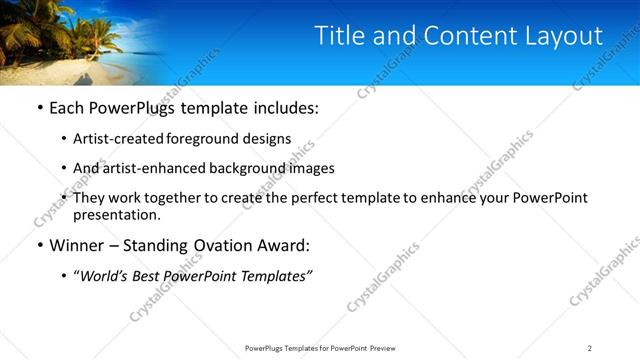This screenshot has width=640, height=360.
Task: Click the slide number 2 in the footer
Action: (590, 347)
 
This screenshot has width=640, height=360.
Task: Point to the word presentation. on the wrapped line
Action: (116, 214)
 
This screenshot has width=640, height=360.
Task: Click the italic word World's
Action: (103, 276)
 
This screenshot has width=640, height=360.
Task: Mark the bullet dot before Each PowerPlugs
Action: (39, 107)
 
